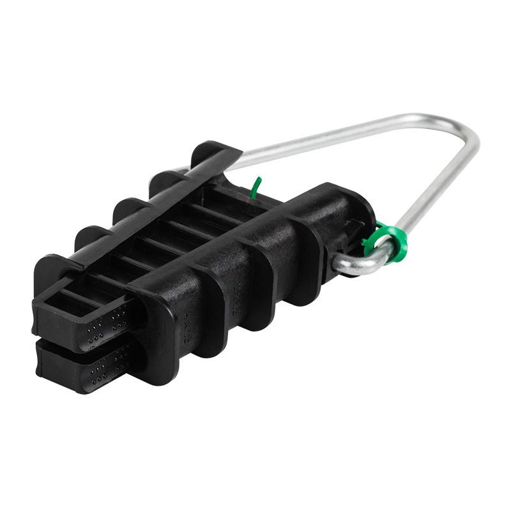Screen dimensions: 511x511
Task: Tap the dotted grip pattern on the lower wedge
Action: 105,370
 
